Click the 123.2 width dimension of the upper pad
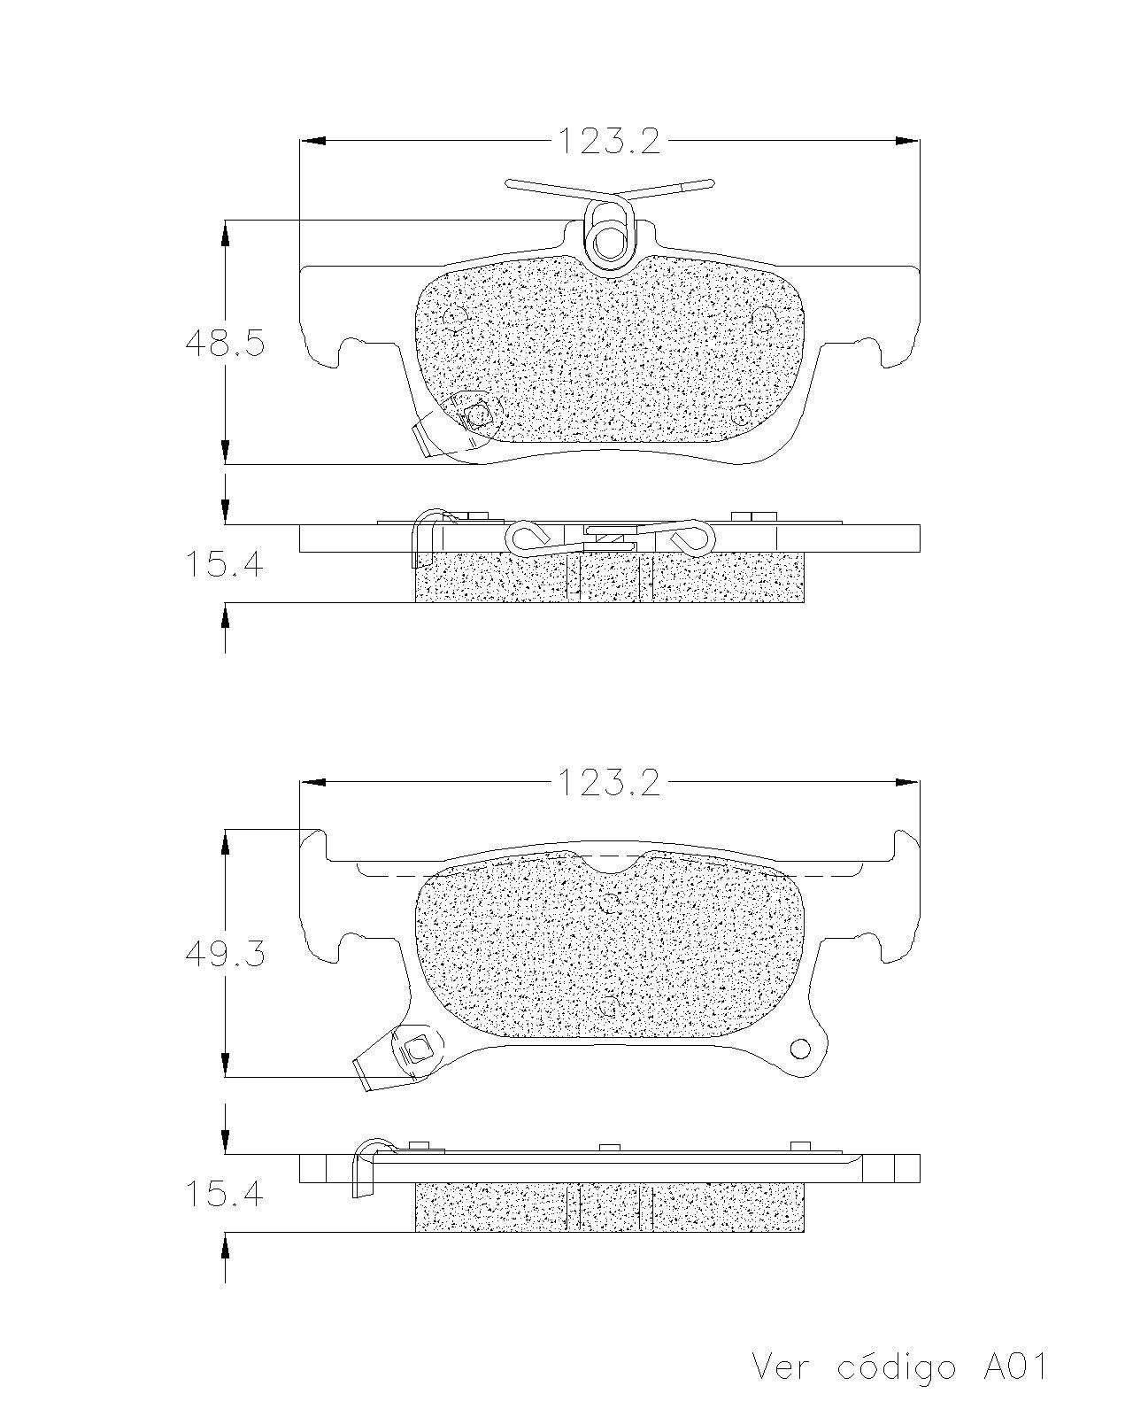(609, 140)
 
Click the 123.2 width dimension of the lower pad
(609, 782)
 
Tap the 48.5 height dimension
(225, 343)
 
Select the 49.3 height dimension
(225, 953)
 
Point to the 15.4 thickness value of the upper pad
(225, 564)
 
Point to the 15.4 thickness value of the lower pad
(225, 1195)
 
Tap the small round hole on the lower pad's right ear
(801, 1047)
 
